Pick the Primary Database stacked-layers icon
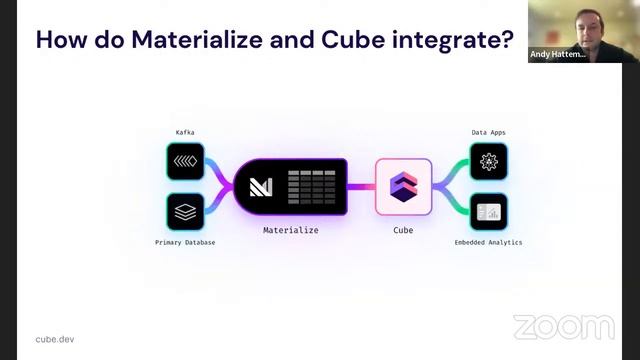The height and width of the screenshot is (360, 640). (x=186, y=211)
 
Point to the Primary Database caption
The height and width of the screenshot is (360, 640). (x=185, y=243)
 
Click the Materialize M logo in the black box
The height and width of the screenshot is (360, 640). (x=260, y=186)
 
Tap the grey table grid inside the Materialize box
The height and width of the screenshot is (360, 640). (x=314, y=186)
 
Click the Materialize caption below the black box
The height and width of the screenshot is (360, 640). (x=290, y=230)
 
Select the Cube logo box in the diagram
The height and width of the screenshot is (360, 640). (x=403, y=186)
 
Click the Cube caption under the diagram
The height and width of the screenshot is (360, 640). (x=403, y=230)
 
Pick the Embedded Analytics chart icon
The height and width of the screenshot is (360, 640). (x=489, y=211)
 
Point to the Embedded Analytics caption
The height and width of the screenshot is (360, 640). (x=488, y=243)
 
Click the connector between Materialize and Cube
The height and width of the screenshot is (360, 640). (x=361, y=186)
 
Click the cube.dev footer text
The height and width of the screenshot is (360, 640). (x=55, y=339)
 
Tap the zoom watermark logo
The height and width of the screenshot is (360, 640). (x=564, y=327)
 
